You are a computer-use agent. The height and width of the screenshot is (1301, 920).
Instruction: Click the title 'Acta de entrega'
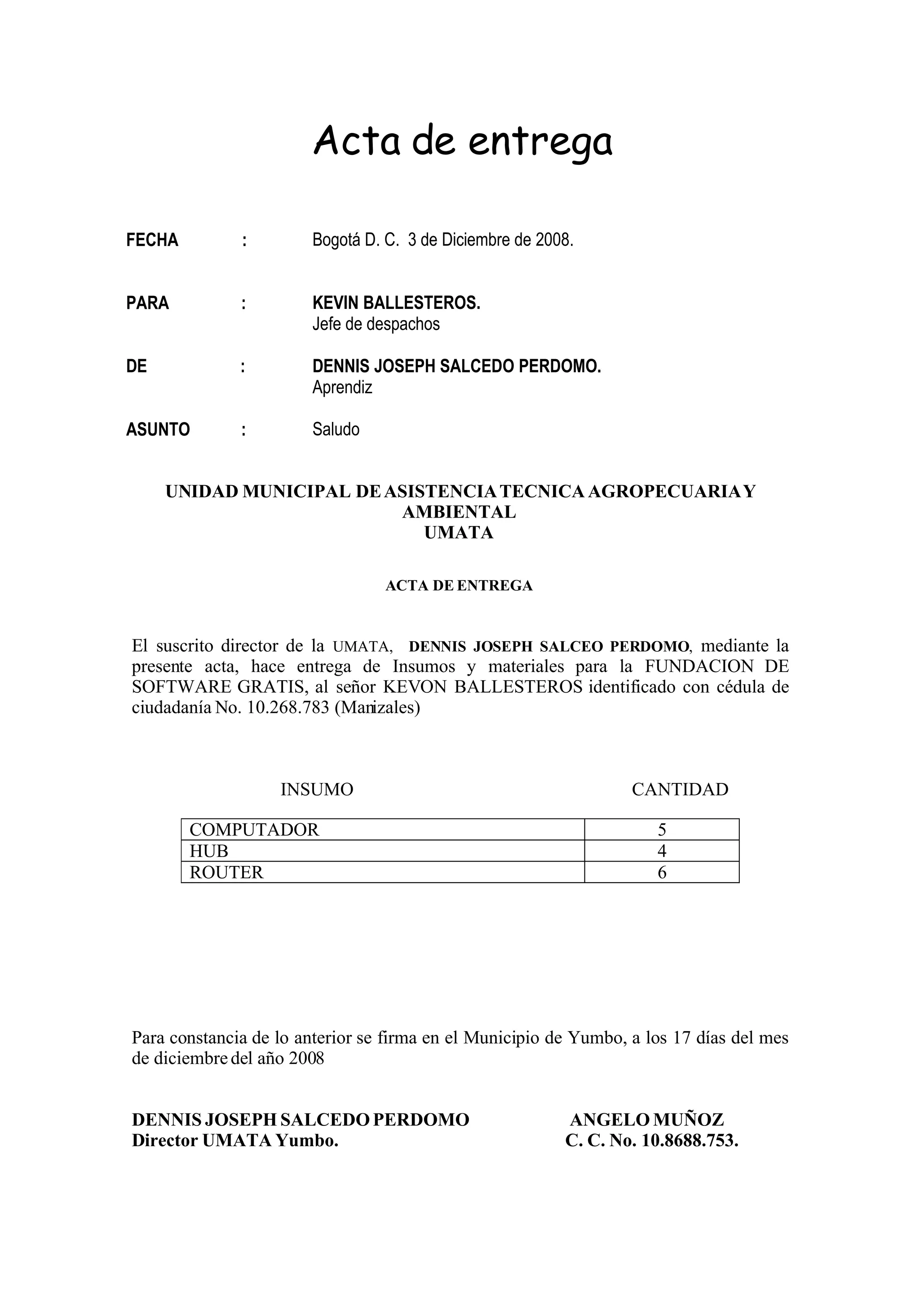(x=463, y=142)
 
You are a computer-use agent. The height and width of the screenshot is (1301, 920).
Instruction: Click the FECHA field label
(x=152, y=240)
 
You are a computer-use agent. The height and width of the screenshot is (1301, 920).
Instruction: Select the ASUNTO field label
(x=158, y=430)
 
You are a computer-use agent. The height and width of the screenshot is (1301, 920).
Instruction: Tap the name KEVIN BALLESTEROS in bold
(x=396, y=303)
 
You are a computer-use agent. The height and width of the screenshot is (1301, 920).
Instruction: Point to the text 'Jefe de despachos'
(x=376, y=324)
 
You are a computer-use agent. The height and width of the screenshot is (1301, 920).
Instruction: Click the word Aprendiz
(x=342, y=387)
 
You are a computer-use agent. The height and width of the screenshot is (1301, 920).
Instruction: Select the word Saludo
(x=336, y=430)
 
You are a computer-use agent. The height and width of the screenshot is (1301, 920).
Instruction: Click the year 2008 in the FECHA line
(x=553, y=240)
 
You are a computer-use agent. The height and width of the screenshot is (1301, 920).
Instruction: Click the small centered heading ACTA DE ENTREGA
(x=459, y=586)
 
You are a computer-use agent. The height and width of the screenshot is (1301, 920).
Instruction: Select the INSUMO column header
(x=317, y=789)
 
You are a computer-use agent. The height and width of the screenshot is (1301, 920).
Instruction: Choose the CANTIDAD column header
(x=680, y=789)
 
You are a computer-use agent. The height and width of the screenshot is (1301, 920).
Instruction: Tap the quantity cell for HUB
(x=662, y=851)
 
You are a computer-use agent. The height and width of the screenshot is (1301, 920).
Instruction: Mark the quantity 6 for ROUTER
(x=662, y=872)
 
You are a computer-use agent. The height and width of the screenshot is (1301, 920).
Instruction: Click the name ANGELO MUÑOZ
(x=647, y=1120)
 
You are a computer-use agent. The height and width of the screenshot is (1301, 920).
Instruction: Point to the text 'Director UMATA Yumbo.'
(x=235, y=1140)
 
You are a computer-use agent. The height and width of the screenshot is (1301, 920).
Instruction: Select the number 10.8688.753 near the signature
(x=689, y=1140)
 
